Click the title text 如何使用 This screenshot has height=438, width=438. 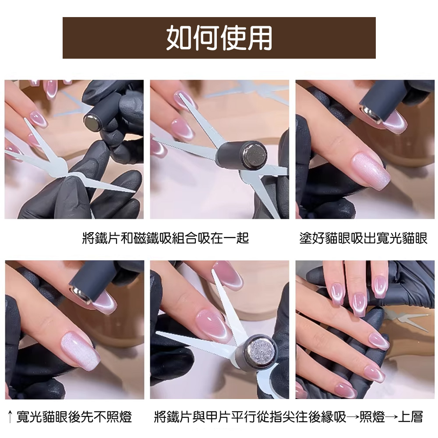219,38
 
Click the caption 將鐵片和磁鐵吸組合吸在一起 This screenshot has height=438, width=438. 166,238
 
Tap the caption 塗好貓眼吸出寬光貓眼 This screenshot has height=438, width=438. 363,238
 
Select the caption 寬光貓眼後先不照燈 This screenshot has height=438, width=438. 74,417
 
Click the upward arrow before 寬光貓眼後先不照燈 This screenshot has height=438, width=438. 10,417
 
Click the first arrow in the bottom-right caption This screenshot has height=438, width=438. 353,417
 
